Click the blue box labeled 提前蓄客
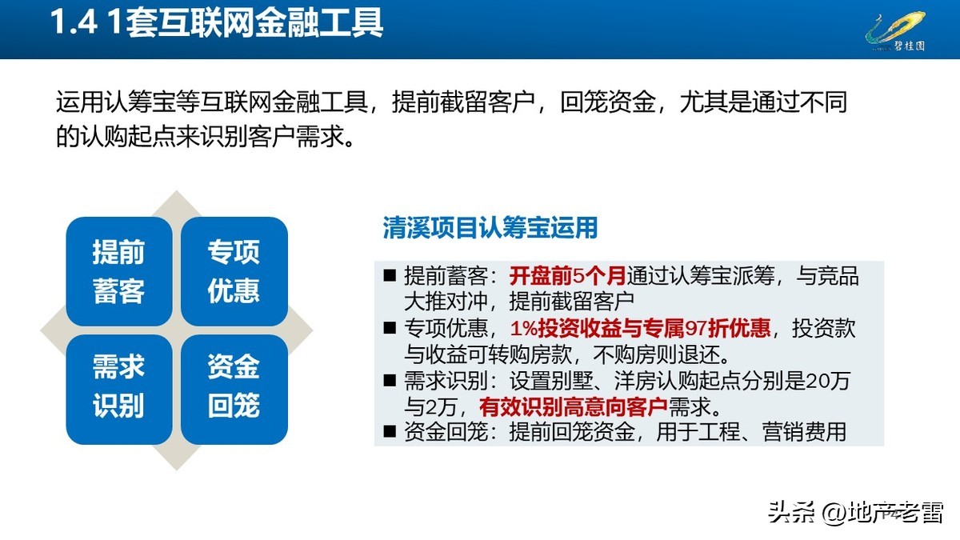pos(118,271)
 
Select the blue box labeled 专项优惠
pos(234,271)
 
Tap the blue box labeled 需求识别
pos(118,387)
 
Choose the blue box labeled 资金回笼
pos(234,387)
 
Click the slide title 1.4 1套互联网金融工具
pos(217,23)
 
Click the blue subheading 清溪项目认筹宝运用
pos(490,228)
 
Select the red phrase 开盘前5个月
pos(568,277)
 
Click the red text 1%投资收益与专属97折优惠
pos(640,329)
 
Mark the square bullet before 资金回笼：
pos(390,432)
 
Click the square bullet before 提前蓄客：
pos(390,277)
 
